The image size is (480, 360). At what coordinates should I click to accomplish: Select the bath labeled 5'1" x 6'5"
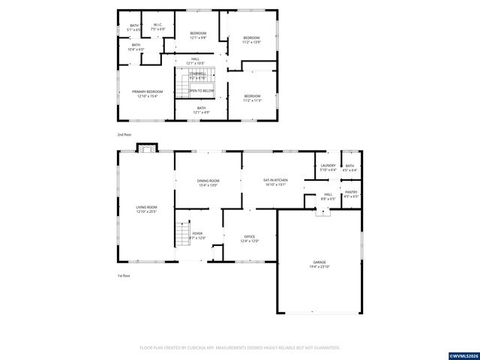coord(135,27)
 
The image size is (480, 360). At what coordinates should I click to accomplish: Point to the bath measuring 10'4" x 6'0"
coord(136,46)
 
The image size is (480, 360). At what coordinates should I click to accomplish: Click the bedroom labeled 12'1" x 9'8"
coord(198,35)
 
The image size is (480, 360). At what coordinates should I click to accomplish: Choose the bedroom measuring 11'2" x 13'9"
coord(251,40)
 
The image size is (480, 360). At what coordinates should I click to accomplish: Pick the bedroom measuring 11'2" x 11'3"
coord(252,97)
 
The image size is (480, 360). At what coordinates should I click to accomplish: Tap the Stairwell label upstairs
coord(197,76)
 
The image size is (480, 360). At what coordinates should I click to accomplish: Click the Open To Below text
coord(201,90)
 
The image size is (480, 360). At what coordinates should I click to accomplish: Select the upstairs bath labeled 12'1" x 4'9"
coord(201,109)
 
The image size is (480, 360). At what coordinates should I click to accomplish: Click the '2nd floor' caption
coord(124,134)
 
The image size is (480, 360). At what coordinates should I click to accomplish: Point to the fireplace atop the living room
coord(148,148)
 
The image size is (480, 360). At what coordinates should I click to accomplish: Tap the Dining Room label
coord(208,182)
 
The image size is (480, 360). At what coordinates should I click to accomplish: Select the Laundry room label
coord(328,167)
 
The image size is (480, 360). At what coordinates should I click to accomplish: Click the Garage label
coord(319,264)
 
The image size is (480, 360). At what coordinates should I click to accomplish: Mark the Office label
coord(250,238)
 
